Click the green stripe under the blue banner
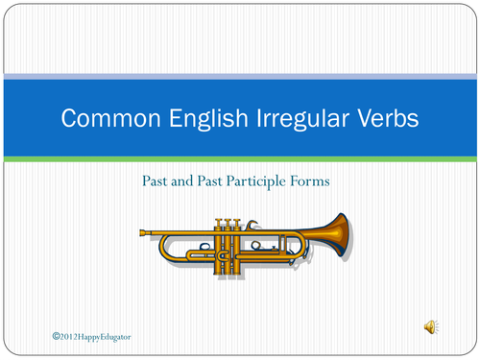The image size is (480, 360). tap(240, 156)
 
